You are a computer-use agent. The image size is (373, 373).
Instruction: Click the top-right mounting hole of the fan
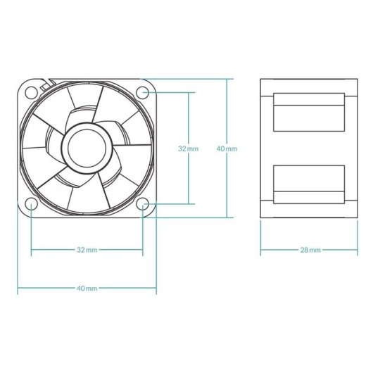tap(144, 91)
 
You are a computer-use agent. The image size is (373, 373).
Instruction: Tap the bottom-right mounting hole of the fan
tap(144, 204)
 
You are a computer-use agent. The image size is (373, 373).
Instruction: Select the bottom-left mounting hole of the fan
tap(32, 204)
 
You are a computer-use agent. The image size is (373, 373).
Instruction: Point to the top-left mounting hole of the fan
tap(32, 91)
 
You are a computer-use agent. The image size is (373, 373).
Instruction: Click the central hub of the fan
tap(87, 148)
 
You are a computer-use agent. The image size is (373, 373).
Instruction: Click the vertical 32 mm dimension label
tap(188, 148)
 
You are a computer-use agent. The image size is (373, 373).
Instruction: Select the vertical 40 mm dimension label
tap(227, 148)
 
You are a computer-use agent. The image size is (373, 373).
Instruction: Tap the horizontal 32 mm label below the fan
tap(87, 250)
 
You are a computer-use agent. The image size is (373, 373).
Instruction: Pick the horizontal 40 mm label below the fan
tap(87, 289)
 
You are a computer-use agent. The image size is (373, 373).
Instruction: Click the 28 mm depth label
tap(310, 250)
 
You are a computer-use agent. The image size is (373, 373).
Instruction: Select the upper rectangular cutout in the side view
tap(310, 112)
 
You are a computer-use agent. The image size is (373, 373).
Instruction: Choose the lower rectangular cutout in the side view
tap(310, 183)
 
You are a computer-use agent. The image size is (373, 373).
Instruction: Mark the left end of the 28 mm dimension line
tap(260, 250)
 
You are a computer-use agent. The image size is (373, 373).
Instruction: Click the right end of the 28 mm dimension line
tap(360, 250)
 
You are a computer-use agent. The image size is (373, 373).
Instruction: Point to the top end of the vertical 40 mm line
tap(227, 79)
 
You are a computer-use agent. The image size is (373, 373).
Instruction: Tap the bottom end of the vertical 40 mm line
tap(227, 217)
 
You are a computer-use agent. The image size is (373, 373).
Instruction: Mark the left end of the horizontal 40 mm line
tap(18, 289)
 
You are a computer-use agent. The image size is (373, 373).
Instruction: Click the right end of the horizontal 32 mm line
tap(144, 250)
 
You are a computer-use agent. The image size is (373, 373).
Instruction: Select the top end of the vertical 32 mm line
tap(188, 91)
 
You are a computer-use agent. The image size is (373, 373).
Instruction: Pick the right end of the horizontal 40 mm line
tap(156, 289)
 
